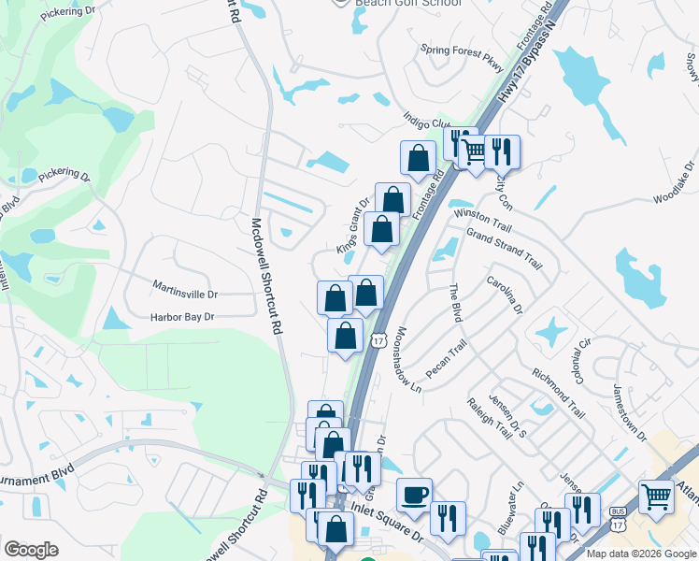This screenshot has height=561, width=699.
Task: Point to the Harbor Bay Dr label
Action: pyautogui.click(x=182, y=317)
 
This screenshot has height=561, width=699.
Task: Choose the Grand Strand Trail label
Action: pyautogui.click(x=504, y=248)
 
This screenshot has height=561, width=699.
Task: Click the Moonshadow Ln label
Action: pyautogui.click(x=409, y=358)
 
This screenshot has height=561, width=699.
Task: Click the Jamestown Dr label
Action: pyautogui.click(x=630, y=411)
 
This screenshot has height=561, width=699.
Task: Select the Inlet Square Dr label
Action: pyautogui.click(x=386, y=528)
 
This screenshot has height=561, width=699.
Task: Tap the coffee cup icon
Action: pyautogui.click(x=414, y=494)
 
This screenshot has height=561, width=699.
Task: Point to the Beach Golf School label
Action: pyautogui.click(x=408, y=4)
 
